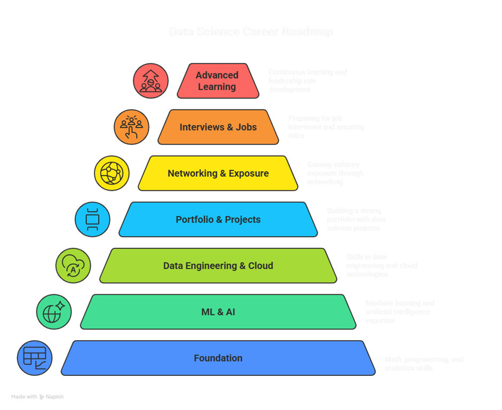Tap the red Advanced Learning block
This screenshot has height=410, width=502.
(x=217, y=81)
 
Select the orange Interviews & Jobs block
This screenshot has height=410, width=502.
(x=218, y=127)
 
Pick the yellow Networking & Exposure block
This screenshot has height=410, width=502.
(x=218, y=173)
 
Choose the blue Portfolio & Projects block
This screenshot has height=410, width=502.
(x=218, y=220)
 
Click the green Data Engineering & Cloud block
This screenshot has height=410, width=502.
(x=218, y=266)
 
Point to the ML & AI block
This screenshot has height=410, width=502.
(x=218, y=312)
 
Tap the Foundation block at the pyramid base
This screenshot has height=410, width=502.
(x=218, y=358)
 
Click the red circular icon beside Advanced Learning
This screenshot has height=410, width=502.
(x=150, y=81)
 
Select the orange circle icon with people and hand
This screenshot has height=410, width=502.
(x=131, y=127)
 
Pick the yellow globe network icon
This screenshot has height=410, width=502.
(x=111, y=173)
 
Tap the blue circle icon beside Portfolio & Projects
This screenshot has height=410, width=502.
(x=92, y=219)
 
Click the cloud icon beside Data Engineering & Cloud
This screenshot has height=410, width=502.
(x=73, y=266)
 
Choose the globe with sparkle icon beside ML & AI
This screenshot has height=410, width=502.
(x=53, y=312)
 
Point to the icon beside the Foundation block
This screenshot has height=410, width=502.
(x=35, y=358)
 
